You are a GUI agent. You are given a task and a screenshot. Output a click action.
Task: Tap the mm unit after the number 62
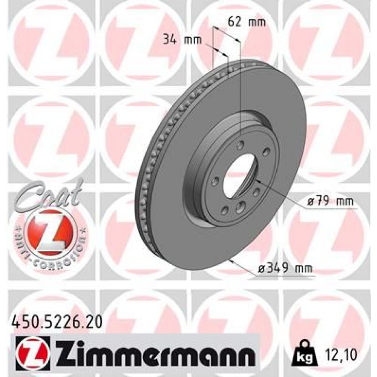point(258,22)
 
